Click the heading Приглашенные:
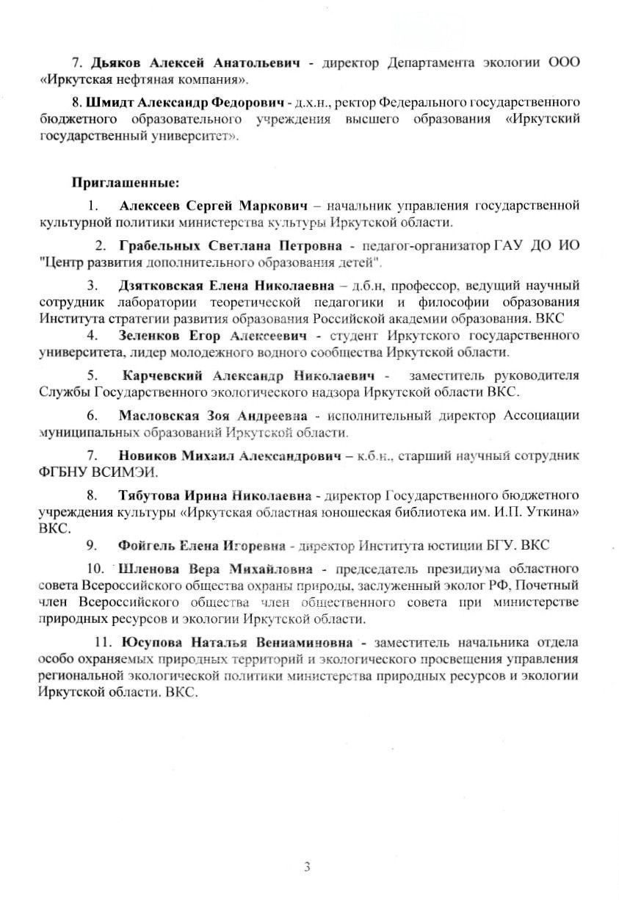coord(125,181)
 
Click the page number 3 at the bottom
coord(308,867)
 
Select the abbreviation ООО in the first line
coord(563,63)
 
